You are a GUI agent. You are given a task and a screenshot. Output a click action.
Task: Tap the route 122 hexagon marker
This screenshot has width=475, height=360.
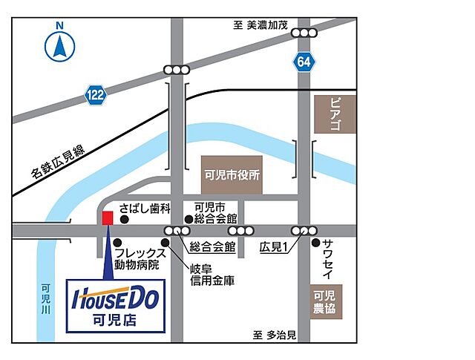95,94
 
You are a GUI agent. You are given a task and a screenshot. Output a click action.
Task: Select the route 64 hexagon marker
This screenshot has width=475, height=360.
303,62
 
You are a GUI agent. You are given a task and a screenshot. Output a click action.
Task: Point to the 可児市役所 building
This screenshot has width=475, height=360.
232,177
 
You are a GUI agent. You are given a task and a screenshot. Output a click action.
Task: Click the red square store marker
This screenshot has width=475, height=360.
108,218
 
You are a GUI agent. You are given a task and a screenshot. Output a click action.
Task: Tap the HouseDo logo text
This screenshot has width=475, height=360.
116,300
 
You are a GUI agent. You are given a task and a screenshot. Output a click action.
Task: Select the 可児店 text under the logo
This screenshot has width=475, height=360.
116,321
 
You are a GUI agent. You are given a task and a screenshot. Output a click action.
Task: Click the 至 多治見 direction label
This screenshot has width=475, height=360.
274,336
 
